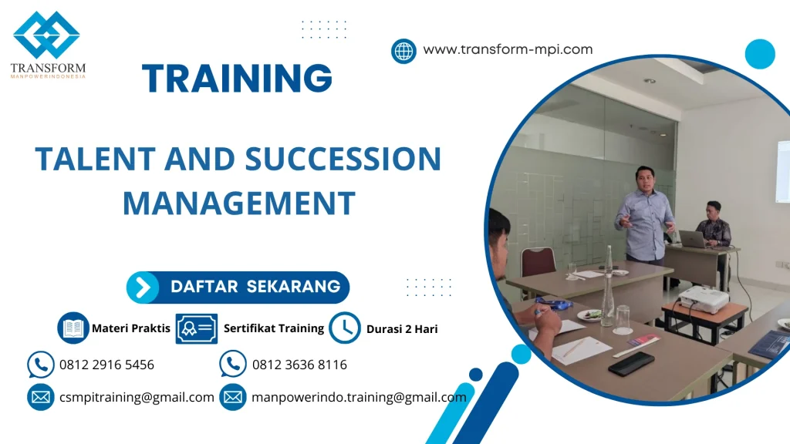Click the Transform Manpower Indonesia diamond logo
[x=46, y=35]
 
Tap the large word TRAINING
[x=238, y=78]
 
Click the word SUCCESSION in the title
[x=343, y=159]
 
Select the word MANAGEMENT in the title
[x=239, y=203]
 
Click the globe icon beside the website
[x=403, y=51]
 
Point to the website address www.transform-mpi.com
[x=508, y=49]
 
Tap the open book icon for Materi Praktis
[x=73, y=328]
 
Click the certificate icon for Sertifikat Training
[x=197, y=328]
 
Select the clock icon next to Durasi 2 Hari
[x=345, y=328]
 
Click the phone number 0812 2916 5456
[x=106, y=365]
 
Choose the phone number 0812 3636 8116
[x=300, y=365]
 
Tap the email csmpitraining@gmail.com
[x=137, y=397]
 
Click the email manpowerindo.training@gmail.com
[x=359, y=397]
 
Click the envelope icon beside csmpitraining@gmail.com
[x=41, y=397]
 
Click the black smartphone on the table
[x=631, y=364]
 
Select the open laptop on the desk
[x=693, y=239]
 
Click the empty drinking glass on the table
[x=623, y=320]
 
